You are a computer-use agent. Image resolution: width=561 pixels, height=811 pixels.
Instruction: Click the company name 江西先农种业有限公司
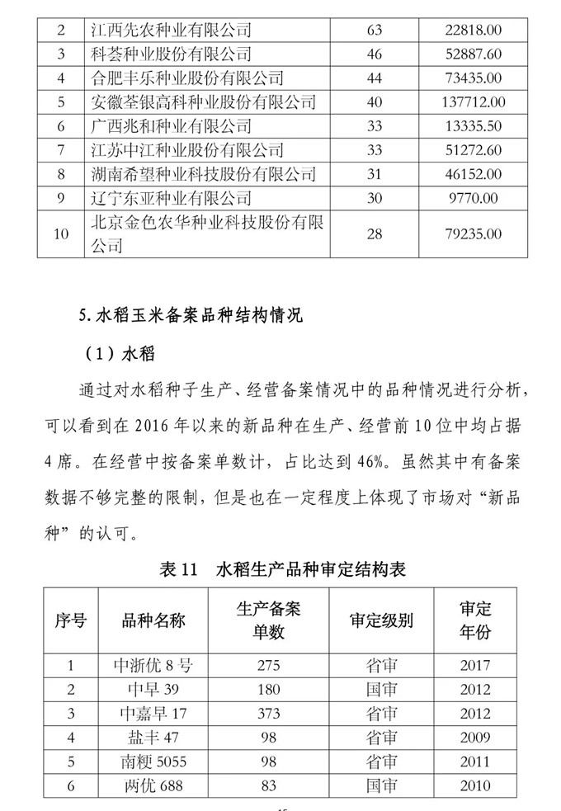[x=169, y=31]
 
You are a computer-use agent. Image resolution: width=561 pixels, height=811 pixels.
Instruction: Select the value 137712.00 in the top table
[x=467, y=103]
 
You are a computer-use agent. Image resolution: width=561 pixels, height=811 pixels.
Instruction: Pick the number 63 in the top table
[x=374, y=31]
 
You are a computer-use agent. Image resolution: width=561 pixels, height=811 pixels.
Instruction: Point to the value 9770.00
[x=467, y=199]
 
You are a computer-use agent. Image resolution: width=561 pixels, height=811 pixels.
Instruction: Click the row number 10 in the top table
[x=60, y=234]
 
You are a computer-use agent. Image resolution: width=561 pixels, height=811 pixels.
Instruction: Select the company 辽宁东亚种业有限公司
[x=169, y=199]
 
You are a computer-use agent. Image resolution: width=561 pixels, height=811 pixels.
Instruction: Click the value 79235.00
[x=467, y=234]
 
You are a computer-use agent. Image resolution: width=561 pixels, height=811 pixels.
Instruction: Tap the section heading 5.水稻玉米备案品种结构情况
[x=191, y=315]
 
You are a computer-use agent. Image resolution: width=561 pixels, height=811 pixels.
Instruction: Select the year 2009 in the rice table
[x=476, y=737]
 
